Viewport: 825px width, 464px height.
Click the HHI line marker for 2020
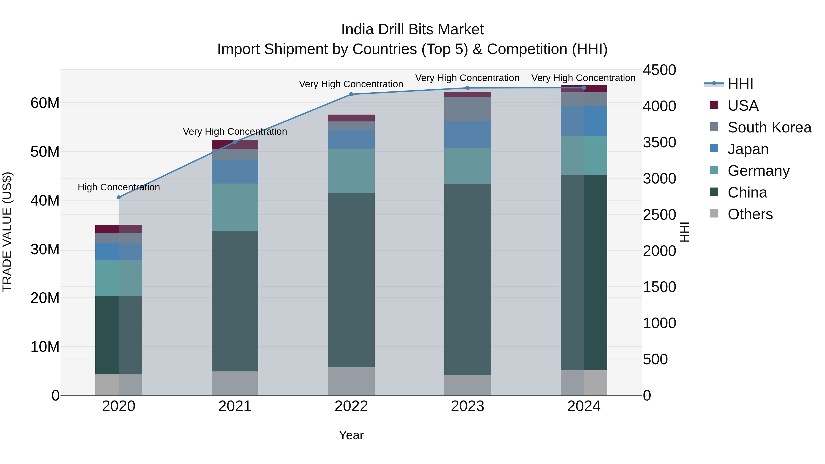(118, 197)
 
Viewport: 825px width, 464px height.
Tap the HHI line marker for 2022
(351, 94)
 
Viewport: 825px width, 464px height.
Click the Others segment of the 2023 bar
(467, 385)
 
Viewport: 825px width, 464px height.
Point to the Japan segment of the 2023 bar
(467, 135)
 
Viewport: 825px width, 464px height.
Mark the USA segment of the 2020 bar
(118, 229)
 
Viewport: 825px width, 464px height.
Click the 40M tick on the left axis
(45, 201)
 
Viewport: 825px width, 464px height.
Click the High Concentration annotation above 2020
(118, 187)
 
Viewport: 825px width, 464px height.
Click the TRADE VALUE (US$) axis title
(7, 232)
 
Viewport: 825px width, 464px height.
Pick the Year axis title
(351, 435)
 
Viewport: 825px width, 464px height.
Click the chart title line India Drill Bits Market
(412, 30)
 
